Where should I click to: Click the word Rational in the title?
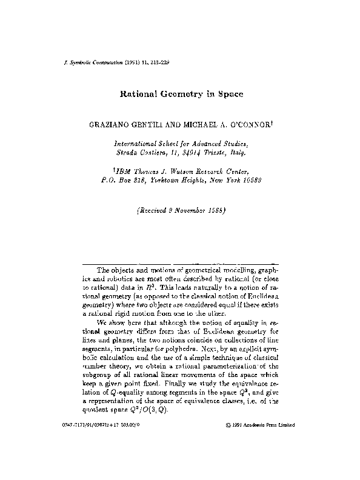pos(138,95)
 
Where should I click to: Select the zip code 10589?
pos(247,181)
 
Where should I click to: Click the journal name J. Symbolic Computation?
pos(85,62)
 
